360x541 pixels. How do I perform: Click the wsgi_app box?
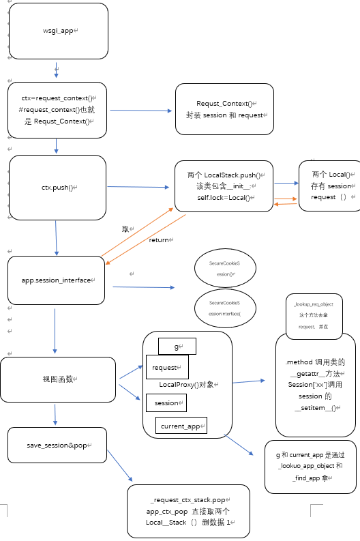point(58,31)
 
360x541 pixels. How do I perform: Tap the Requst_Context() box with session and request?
point(224,109)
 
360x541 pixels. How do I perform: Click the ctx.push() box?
point(58,186)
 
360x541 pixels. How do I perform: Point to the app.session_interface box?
point(57,280)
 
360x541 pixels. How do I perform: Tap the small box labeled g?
point(177,347)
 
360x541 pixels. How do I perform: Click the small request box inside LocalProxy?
point(166,368)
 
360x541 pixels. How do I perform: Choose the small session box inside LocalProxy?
point(166,403)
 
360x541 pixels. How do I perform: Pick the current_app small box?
point(181,426)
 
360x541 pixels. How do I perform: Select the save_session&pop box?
point(58,445)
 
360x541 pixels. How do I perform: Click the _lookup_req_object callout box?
point(314,317)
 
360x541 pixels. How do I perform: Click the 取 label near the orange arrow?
point(126,229)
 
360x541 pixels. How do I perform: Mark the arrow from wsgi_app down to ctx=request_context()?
point(57,71)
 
